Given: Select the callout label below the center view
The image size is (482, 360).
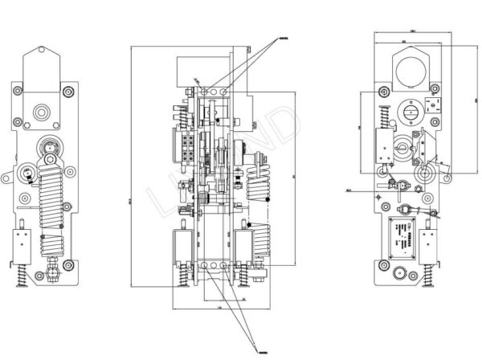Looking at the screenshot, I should [261, 351].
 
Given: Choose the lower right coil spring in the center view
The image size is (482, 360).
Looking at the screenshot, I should [260, 239].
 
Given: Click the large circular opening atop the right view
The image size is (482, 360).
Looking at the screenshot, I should [414, 72].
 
